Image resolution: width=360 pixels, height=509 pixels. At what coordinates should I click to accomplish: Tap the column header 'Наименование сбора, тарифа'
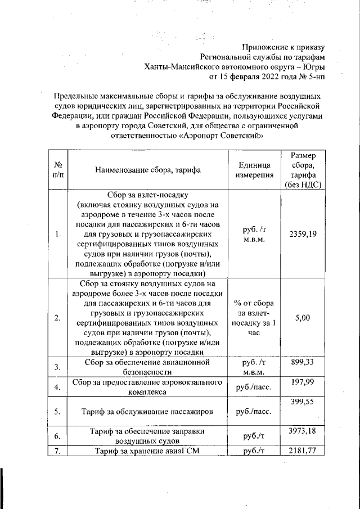point(148,169)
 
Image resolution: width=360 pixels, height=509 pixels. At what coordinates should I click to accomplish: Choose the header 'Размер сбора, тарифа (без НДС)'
point(303,170)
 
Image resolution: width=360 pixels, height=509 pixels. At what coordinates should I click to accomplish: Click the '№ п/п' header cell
point(57,170)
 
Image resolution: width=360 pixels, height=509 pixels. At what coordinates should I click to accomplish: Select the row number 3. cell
point(57,367)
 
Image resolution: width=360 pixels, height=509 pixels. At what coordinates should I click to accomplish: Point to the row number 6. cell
point(57,436)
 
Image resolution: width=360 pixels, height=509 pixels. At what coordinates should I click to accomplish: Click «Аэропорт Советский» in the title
point(221,136)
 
